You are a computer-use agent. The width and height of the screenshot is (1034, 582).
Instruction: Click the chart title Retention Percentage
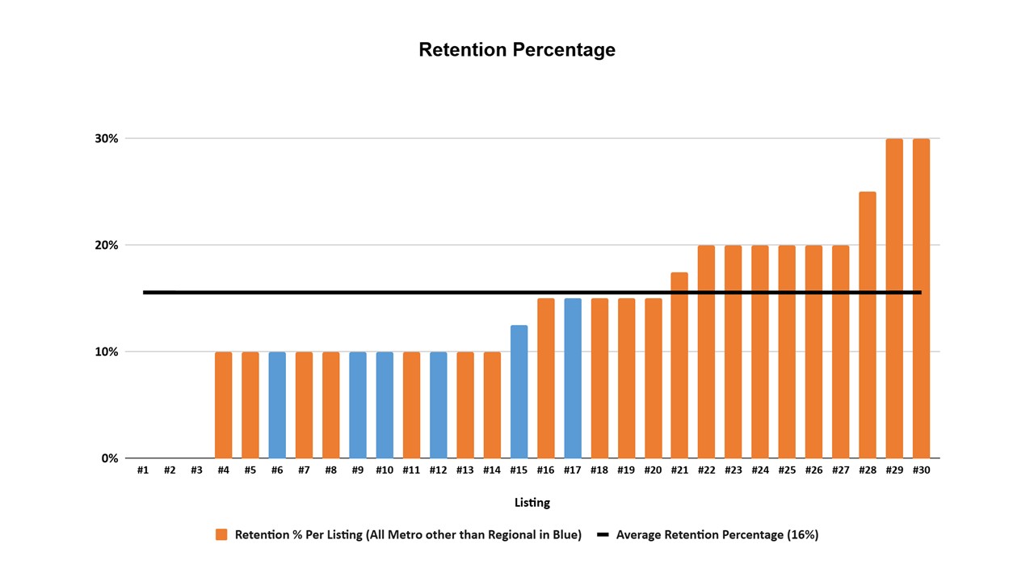coord(517,50)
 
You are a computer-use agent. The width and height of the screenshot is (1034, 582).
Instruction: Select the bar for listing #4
coord(224,405)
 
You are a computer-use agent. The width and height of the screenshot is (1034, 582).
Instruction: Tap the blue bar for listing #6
coord(277,405)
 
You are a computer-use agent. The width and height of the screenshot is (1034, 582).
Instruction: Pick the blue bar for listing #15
coord(519,392)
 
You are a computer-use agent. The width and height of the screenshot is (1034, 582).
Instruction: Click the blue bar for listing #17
coord(573,378)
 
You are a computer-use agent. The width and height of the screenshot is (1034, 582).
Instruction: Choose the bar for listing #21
coord(679,365)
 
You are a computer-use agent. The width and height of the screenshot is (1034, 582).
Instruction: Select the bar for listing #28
coord(868,325)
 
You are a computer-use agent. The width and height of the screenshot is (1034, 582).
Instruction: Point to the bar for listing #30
coord(922,298)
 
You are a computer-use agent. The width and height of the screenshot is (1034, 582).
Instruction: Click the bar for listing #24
coord(760,352)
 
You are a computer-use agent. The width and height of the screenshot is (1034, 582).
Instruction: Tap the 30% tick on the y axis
coord(107,138)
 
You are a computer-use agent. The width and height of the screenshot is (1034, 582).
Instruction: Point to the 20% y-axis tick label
coord(107,245)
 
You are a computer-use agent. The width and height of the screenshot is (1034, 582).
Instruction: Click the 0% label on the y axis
coord(110,458)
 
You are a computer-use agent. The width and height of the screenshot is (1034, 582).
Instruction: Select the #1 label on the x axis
coord(143,470)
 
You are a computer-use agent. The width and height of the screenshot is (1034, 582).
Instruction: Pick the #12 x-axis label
coord(438,470)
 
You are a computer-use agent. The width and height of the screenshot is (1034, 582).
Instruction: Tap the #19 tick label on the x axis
coord(626,470)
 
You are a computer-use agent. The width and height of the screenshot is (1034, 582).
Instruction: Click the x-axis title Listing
coord(532,503)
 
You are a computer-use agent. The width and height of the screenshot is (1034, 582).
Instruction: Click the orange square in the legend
coord(221,535)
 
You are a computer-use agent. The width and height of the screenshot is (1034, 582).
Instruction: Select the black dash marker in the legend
coord(603,535)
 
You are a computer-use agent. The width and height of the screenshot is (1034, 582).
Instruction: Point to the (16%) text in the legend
coord(803,535)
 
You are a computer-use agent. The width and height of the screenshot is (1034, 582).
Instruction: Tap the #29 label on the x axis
coord(894,470)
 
